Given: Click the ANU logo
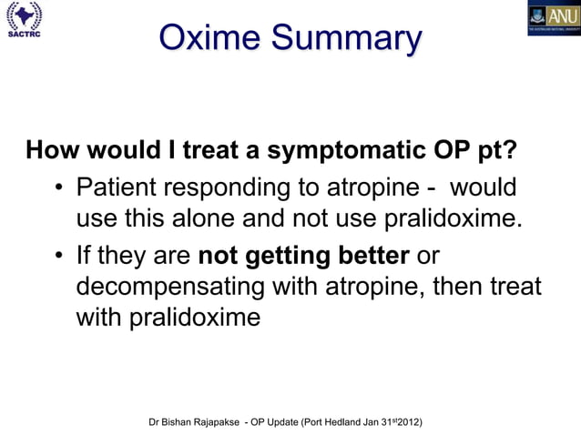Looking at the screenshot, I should tap(554, 17).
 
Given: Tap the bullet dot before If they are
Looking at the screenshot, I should tap(57, 260).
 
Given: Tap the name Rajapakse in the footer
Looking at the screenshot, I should tap(218, 423).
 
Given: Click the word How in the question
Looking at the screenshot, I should tap(50, 149).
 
